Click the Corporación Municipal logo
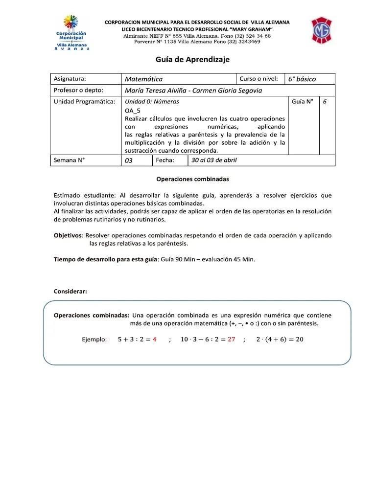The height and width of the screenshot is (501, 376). (x=72, y=32)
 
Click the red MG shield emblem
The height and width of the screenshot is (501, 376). (x=323, y=31)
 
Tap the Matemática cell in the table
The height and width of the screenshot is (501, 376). (x=143, y=79)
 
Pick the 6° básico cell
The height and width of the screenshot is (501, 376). (x=302, y=79)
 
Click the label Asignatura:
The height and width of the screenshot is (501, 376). (x=70, y=79)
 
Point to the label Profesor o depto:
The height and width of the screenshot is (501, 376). (x=78, y=90)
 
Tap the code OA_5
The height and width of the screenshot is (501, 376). (x=133, y=111)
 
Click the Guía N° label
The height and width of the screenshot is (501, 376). (x=302, y=102)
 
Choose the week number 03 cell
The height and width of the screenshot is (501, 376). (x=129, y=160)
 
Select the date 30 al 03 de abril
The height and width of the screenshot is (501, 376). (x=214, y=160)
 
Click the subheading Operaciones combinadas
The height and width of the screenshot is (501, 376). (x=192, y=180)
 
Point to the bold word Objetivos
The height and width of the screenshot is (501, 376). (x=68, y=235)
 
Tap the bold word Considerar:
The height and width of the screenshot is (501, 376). (x=70, y=292)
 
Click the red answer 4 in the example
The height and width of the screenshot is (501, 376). (x=154, y=340)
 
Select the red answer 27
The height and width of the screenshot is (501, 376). (x=232, y=340)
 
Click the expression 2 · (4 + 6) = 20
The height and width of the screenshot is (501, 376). (x=280, y=340)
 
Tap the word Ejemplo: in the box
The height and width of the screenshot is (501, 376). (x=94, y=340)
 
